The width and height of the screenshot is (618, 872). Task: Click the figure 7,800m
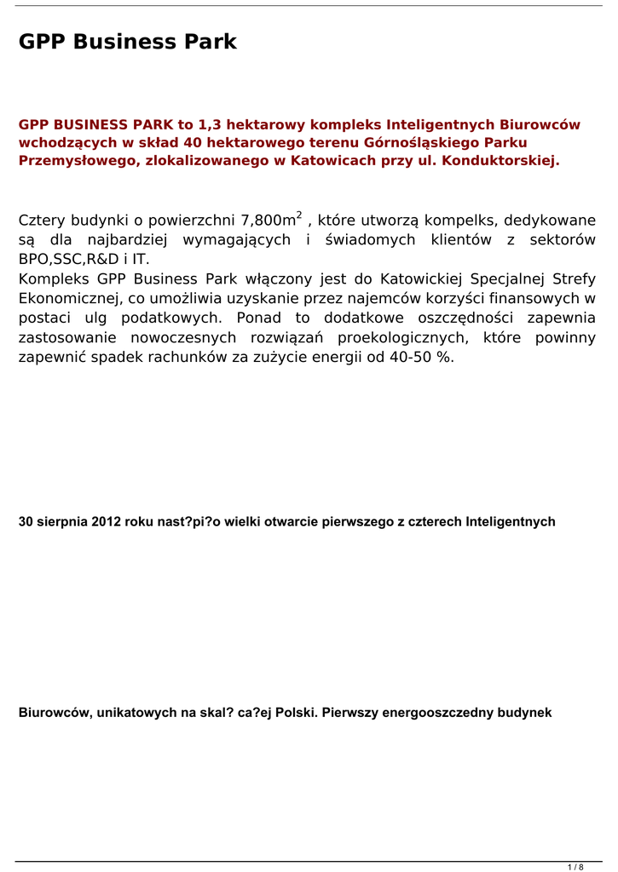(268, 221)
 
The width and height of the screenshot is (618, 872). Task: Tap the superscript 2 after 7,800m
(299, 215)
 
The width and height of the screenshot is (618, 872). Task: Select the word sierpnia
(62, 522)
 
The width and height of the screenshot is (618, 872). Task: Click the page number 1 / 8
(575, 867)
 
